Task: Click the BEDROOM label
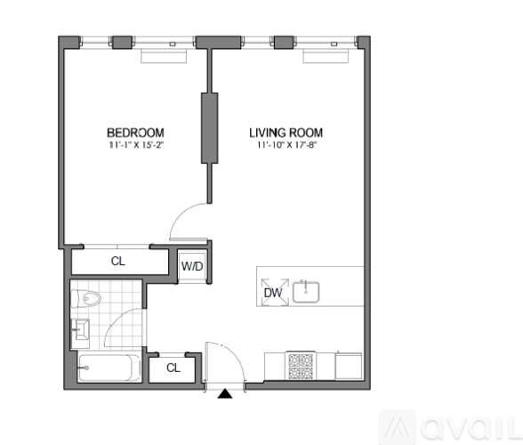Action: point(135,133)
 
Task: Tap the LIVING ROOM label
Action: point(286,133)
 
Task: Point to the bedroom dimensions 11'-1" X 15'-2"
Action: point(136,145)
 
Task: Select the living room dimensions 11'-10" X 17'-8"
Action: point(286,145)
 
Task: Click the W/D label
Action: point(192,266)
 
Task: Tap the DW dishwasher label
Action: point(273,293)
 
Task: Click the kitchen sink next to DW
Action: point(306,292)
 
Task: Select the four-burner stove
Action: point(301,366)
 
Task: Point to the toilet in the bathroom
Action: point(85,298)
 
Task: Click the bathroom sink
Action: point(80,329)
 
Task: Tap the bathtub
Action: point(109,368)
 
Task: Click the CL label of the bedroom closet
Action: point(118,261)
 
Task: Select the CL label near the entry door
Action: point(173,368)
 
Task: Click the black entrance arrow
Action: point(225,394)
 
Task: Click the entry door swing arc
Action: point(235,355)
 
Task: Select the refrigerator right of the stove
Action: point(349,366)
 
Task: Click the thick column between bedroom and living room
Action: point(210,128)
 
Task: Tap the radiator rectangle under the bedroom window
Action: point(164,56)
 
